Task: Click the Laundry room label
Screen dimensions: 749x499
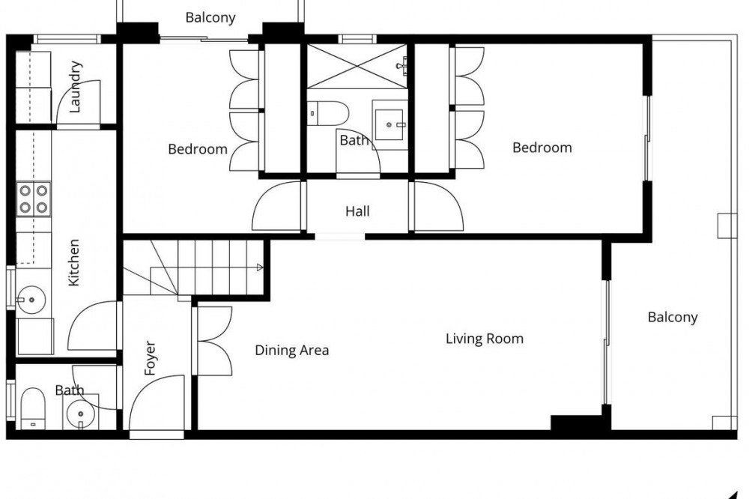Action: [x=76, y=86]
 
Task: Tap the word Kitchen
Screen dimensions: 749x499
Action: [x=73, y=262]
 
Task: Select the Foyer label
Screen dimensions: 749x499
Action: [x=150, y=357]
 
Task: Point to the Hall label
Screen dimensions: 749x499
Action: [x=357, y=211]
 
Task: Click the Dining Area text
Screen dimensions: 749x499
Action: [x=292, y=351]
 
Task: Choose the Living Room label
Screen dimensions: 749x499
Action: [x=485, y=339]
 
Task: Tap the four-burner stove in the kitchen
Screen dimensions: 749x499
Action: [x=34, y=199]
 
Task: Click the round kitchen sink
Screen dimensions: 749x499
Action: [x=31, y=300]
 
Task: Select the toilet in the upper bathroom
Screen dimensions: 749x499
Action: [x=328, y=113]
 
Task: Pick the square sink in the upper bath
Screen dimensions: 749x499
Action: [x=389, y=124]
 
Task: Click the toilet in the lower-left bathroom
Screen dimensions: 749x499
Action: [x=33, y=408]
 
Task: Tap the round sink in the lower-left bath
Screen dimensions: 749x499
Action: [x=80, y=413]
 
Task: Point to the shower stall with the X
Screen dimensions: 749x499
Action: [x=356, y=66]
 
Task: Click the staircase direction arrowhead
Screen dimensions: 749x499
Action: [x=260, y=267]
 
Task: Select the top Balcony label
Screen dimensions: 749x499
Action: [x=210, y=18]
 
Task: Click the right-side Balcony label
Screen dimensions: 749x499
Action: [x=673, y=317]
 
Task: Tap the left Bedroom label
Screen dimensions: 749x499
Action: [x=198, y=149]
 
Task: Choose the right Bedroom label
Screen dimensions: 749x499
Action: [x=542, y=147]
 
